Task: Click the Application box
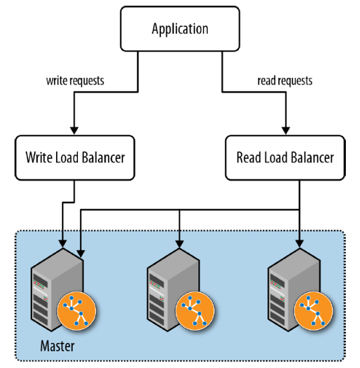(x=180, y=29)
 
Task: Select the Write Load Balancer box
(x=75, y=158)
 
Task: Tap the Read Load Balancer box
(x=285, y=158)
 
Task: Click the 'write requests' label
(x=75, y=80)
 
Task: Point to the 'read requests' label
(x=285, y=80)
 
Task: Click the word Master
(x=57, y=346)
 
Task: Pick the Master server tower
(x=57, y=290)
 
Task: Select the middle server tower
(x=173, y=290)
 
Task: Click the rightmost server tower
(x=294, y=290)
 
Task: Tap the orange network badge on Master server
(x=77, y=311)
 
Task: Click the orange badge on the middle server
(x=195, y=311)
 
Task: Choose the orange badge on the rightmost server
(x=314, y=311)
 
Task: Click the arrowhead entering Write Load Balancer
(x=74, y=131)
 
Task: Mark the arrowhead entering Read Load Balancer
(x=286, y=131)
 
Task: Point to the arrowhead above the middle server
(x=180, y=244)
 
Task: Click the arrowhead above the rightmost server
(x=299, y=244)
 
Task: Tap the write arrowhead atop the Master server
(x=62, y=244)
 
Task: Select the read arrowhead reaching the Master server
(x=81, y=254)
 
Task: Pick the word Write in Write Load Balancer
(x=37, y=157)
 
